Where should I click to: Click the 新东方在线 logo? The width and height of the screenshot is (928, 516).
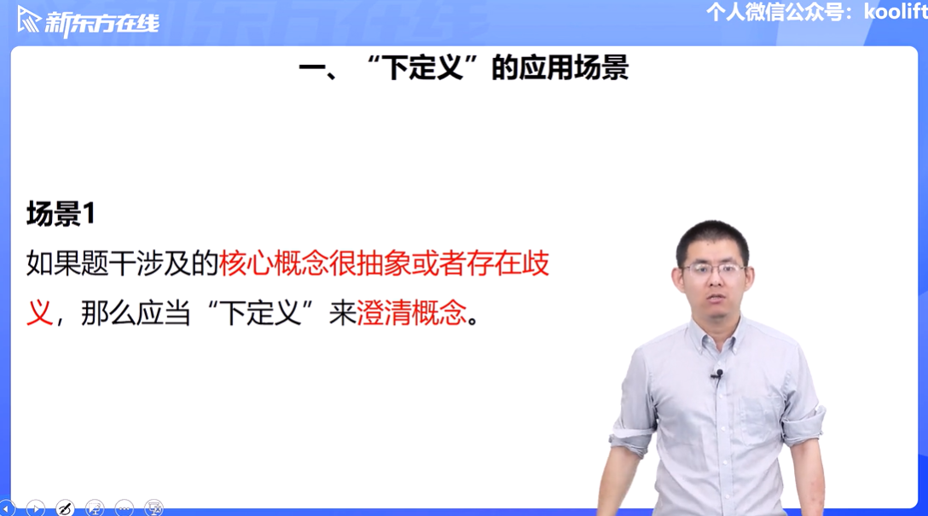pos(88,21)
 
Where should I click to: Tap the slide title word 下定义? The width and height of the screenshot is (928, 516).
pos(422,67)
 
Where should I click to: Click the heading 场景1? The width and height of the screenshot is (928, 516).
pos(61,213)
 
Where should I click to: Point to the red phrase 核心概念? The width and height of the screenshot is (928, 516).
pos(274,263)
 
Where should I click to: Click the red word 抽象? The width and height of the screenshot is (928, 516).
pos(384,263)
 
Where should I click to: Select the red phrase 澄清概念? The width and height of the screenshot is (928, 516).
pos(411,312)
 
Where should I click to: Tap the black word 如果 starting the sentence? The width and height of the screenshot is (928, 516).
pos(53,263)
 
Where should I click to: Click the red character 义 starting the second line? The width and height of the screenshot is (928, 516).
pos(39,312)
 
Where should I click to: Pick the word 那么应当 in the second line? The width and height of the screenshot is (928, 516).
pos(136,312)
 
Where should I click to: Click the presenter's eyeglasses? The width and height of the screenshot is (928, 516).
pos(714,271)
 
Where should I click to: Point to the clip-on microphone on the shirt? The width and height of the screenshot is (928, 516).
pos(718,374)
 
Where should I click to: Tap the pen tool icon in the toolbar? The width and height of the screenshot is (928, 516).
pos(65,507)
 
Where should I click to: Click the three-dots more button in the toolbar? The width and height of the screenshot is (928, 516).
pos(124,507)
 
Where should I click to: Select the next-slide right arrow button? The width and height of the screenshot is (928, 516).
pos(36,507)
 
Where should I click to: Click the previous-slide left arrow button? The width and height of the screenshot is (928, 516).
pos(7,507)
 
